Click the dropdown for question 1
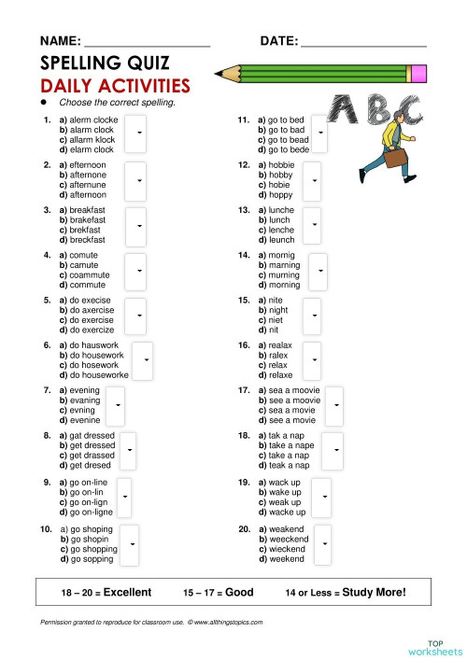point(137,133)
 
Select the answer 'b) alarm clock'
point(87,130)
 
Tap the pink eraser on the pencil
point(417,72)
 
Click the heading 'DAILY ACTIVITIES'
point(114,86)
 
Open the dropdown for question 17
point(336,405)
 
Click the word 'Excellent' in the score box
point(127,592)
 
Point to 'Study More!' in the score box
point(374,592)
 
